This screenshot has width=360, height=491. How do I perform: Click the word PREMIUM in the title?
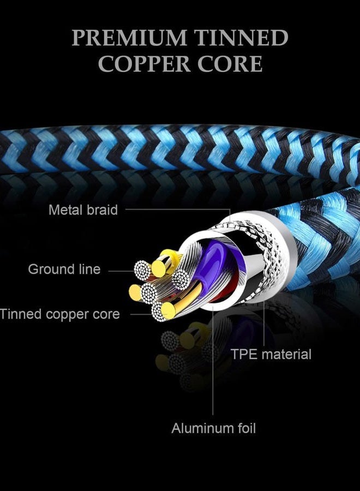[x=129, y=38]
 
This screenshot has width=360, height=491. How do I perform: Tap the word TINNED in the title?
[x=241, y=38]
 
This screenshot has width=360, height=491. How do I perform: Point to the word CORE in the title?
[x=230, y=64]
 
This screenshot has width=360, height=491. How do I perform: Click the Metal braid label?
[x=83, y=210]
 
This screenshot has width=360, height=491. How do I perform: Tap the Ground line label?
[x=64, y=269]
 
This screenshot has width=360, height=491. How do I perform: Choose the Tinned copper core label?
[x=60, y=314]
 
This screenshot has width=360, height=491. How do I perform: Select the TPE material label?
[x=271, y=354]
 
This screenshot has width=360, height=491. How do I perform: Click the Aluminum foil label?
[x=213, y=428]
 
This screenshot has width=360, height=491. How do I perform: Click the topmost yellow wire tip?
[x=159, y=268]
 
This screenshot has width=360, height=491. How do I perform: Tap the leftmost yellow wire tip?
[x=135, y=293]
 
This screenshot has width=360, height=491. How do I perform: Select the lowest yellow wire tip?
[x=169, y=310]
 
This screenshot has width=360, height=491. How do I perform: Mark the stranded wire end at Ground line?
[x=143, y=270]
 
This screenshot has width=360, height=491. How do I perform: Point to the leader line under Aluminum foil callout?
[x=213, y=361]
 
